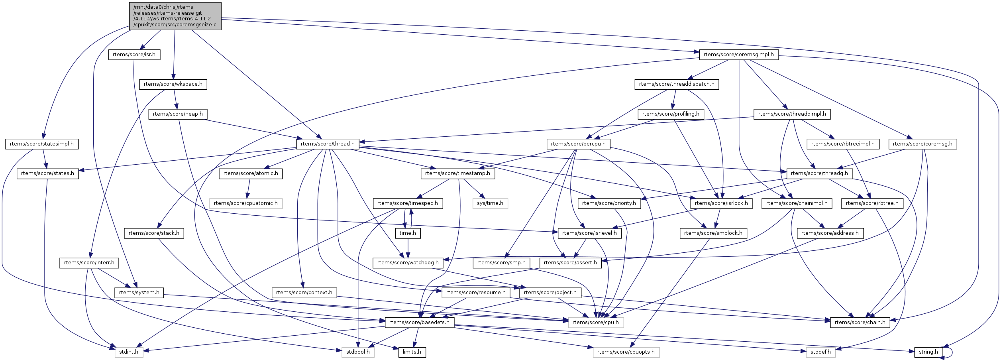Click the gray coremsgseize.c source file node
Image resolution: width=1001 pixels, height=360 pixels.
[175, 16]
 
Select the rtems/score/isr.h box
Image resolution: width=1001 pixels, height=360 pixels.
[134, 55]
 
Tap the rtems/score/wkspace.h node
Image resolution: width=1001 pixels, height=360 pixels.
[173, 84]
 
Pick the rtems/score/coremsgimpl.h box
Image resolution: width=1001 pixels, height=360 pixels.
[738, 55]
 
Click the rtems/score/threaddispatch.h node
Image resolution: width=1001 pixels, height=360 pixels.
[677, 84]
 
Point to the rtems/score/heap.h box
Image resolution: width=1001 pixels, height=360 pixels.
[178, 114]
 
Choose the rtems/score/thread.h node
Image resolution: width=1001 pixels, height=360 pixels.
[328, 144]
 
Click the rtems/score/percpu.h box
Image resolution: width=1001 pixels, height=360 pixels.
[578, 144]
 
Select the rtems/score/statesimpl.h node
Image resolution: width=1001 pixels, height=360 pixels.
[42, 144]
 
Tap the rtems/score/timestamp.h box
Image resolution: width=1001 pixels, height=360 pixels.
[457, 173]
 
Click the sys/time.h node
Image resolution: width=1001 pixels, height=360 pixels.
[490, 203]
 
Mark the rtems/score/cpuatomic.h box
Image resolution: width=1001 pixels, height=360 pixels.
[246, 203]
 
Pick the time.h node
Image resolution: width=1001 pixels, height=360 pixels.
[408, 233]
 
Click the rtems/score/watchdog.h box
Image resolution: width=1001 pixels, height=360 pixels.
[408, 263]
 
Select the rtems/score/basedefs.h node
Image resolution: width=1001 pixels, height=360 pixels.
[419, 323]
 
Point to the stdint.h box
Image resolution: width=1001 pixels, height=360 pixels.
[129, 352]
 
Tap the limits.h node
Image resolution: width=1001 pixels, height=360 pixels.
[412, 352]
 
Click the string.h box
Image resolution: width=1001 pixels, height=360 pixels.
[928, 352]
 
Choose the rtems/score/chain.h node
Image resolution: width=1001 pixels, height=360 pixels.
[860, 323]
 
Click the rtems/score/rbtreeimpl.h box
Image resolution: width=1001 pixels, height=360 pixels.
[843, 144]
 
